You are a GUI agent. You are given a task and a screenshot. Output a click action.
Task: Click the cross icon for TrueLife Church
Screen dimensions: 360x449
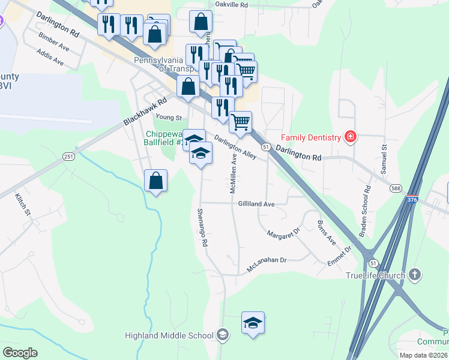click(x=415, y=275)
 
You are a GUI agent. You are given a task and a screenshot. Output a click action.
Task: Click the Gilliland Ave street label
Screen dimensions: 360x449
click(x=256, y=204)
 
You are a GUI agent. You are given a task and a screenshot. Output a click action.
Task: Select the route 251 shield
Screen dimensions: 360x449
click(x=68, y=157)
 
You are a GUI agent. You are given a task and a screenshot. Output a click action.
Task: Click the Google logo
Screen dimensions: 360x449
click(x=20, y=353)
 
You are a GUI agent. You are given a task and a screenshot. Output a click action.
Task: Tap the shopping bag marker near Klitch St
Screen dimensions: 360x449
click(x=155, y=180)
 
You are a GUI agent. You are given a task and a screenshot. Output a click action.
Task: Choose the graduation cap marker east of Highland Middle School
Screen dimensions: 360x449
click(x=253, y=323)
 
